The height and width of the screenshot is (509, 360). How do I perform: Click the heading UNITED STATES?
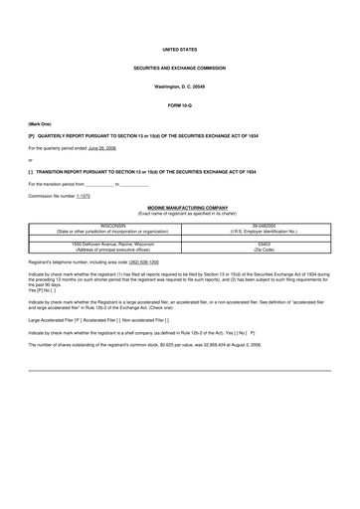[179, 49]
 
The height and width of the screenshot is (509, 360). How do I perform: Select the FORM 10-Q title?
[179, 104]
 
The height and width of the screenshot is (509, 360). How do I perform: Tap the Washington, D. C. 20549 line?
[179, 86]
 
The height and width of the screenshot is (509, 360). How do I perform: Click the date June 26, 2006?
[101, 147]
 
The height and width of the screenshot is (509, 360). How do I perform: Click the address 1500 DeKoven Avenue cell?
[119, 244]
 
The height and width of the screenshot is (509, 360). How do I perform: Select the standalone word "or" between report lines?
[30, 159]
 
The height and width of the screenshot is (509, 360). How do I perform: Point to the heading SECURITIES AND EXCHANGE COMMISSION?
[179, 68]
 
